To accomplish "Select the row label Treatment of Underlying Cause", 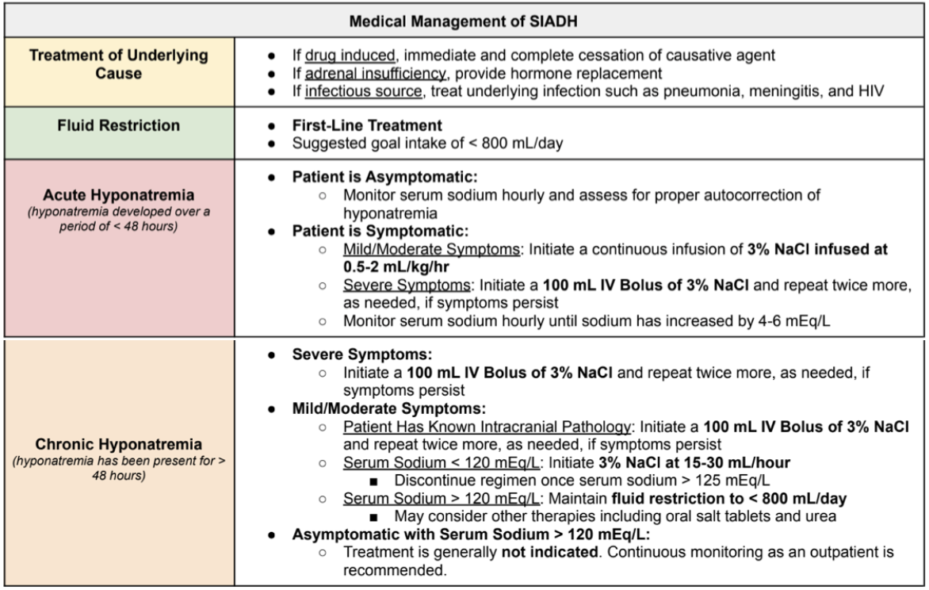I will pyautogui.click(x=120, y=65).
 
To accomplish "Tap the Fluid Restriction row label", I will pyautogui.click(x=120, y=126).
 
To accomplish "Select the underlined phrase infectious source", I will pyautogui.click(x=355, y=90).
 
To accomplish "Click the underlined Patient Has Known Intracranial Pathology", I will pyautogui.click(x=487, y=427).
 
